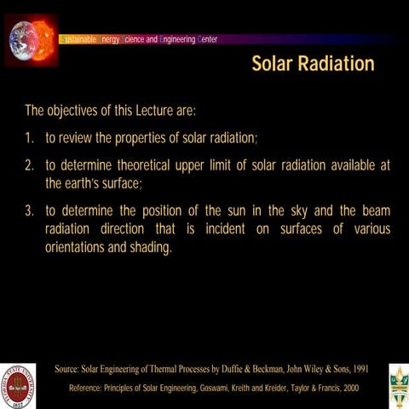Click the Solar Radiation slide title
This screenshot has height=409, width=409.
click(313, 65)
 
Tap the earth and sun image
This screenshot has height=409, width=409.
click(31, 39)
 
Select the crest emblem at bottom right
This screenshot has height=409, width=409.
click(398, 385)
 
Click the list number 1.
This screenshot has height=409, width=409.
click(29, 138)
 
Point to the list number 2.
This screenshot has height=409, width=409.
click(29, 165)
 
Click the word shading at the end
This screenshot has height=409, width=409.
click(149, 249)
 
